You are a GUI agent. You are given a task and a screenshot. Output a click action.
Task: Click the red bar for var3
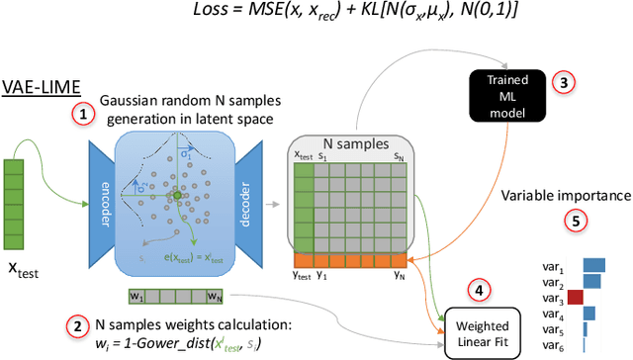(576, 297)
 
